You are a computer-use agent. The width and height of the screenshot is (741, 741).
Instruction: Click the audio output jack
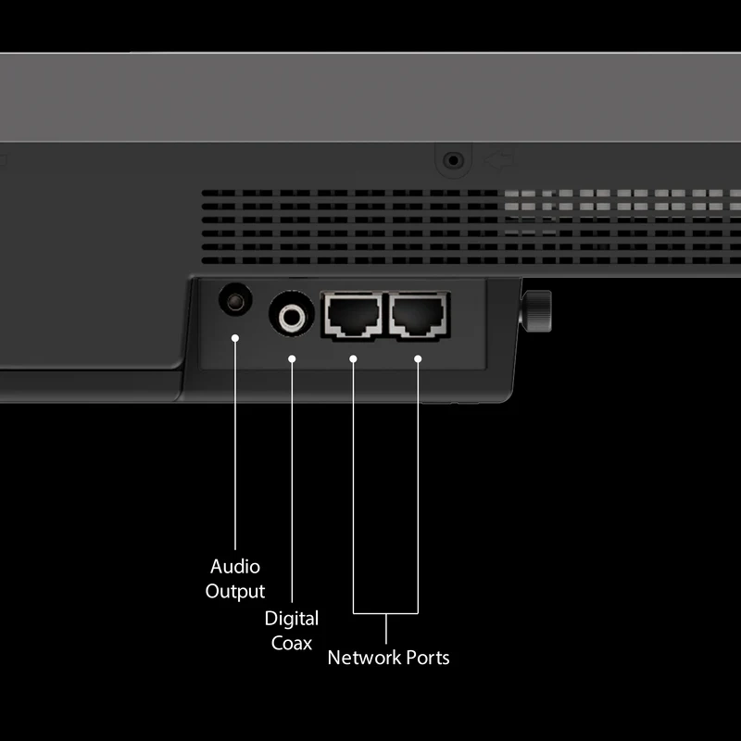(235, 300)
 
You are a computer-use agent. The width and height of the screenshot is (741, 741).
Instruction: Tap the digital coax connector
(292, 314)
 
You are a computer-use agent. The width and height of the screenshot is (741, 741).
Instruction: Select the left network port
(353, 315)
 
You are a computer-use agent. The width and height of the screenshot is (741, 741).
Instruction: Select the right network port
(420, 315)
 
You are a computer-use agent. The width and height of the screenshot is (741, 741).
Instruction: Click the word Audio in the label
(235, 567)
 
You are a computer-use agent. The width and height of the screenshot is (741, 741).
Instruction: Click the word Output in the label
(235, 592)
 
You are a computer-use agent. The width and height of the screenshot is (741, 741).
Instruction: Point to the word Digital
(292, 619)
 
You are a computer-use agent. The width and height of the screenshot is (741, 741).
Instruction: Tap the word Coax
(292, 643)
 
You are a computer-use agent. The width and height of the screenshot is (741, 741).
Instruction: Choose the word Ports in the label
(428, 658)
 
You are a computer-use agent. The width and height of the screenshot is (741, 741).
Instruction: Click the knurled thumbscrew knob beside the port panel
(536, 311)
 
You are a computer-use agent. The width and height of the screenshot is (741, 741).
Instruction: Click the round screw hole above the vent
(453, 160)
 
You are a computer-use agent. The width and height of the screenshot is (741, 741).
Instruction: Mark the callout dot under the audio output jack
(235, 338)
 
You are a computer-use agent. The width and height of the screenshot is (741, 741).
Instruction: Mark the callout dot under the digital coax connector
(292, 359)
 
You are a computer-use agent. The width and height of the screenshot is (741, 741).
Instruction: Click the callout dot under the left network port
(353, 359)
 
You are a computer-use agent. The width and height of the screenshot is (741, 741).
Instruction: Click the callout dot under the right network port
(418, 359)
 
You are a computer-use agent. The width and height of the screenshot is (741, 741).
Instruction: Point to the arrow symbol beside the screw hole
(500, 159)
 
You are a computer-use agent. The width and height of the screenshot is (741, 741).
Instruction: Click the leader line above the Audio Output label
(235, 444)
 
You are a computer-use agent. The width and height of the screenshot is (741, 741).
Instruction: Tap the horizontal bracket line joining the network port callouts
(385, 613)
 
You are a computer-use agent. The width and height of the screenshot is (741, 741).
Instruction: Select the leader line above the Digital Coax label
(292, 481)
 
